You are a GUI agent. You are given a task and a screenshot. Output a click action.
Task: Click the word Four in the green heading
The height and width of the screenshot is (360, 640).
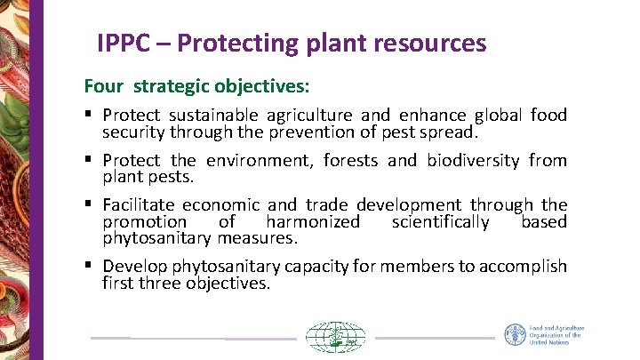coord(102,86)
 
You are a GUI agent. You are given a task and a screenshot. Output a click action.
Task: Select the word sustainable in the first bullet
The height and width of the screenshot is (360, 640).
coord(212,116)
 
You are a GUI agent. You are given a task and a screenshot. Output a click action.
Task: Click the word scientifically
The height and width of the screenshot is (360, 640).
coord(440,221)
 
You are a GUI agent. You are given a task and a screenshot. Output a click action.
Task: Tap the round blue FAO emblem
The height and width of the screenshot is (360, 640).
coord(516,335)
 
